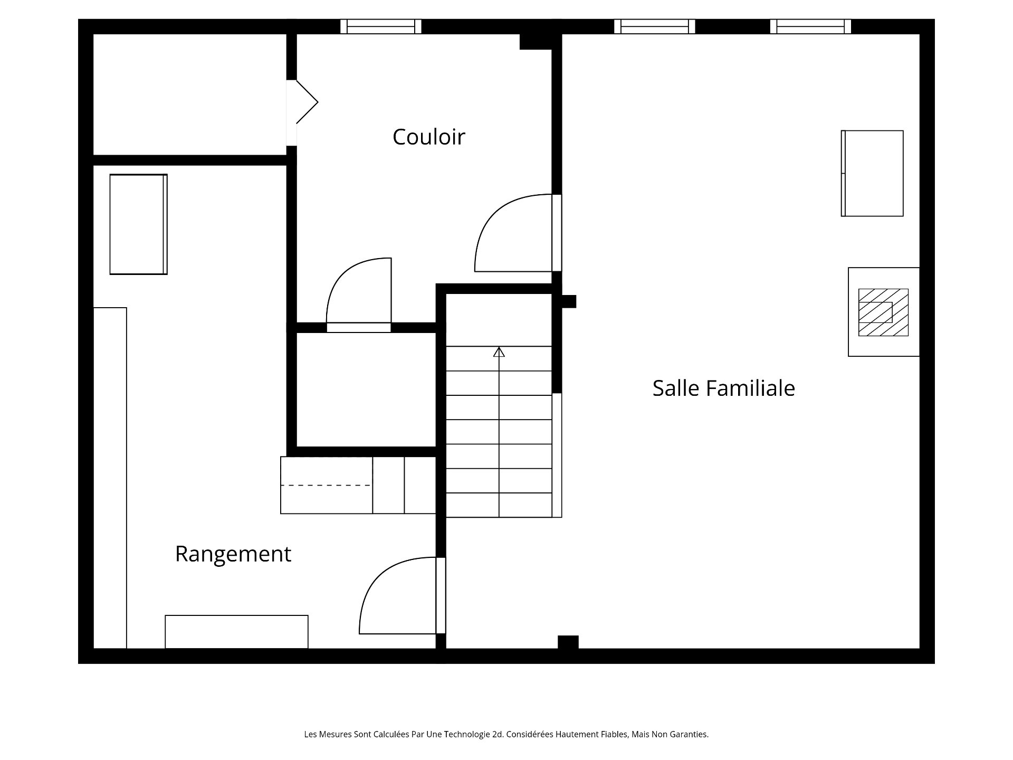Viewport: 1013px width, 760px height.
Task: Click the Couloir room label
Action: (x=428, y=137)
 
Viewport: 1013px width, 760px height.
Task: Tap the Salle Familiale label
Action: (x=723, y=388)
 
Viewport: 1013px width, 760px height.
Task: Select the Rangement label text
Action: (x=233, y=554)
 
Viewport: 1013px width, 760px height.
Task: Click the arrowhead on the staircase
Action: (x=499, y=351)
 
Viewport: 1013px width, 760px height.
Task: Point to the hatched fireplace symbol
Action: (x=883, y=312)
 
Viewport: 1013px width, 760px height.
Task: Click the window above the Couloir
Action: (x=380, y=26)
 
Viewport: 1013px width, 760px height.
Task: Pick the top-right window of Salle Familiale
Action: (x=810, y=26)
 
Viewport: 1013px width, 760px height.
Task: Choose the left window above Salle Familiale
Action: (x=654, y=26)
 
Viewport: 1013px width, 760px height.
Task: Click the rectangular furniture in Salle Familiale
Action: (x=872, y=173)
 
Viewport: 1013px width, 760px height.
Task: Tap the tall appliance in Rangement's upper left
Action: (x=138, y=224)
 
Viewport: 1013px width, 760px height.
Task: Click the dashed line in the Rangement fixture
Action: (x=326, y=485)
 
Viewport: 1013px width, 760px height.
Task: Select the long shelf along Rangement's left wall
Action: (x=110, y=478)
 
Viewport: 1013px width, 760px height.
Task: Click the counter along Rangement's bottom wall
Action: (x=236, y=632)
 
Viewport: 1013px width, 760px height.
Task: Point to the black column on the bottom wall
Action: (x=568, y=642)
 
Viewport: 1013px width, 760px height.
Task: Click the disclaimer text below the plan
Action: (x=506, y=734)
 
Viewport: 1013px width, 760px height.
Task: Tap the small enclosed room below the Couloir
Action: (x=366, y=389)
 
